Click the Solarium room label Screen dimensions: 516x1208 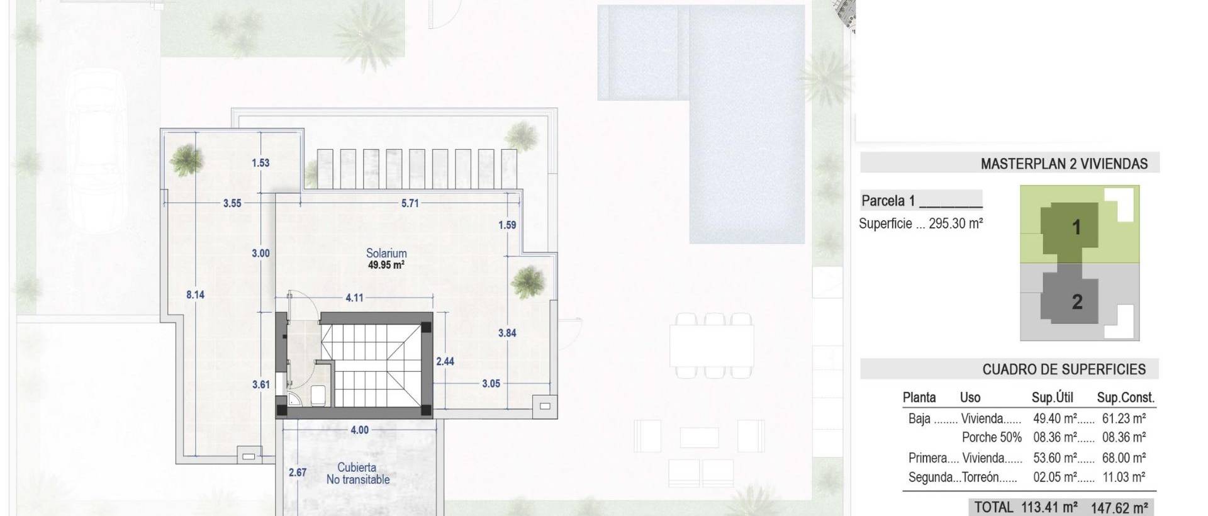point(386,253)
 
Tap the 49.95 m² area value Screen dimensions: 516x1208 point(386,266)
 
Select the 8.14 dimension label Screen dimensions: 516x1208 point(195,294)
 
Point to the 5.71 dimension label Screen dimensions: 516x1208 point(410,203)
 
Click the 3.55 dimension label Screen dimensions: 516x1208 point(232,203)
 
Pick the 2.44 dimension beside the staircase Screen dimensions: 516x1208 point(445,361)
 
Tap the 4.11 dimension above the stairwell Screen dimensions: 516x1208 point(354,298)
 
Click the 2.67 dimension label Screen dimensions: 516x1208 point(297,472)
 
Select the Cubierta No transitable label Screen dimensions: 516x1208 point(357,473)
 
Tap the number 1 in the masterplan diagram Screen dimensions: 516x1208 point(1077,227)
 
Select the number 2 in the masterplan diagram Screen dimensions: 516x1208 point(1077,302)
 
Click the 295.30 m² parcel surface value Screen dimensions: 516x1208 point(956,223)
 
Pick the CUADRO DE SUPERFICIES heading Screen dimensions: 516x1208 point(1064,369)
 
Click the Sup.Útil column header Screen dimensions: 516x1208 point(1052,398)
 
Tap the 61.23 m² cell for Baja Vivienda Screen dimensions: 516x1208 point(1124,418)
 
